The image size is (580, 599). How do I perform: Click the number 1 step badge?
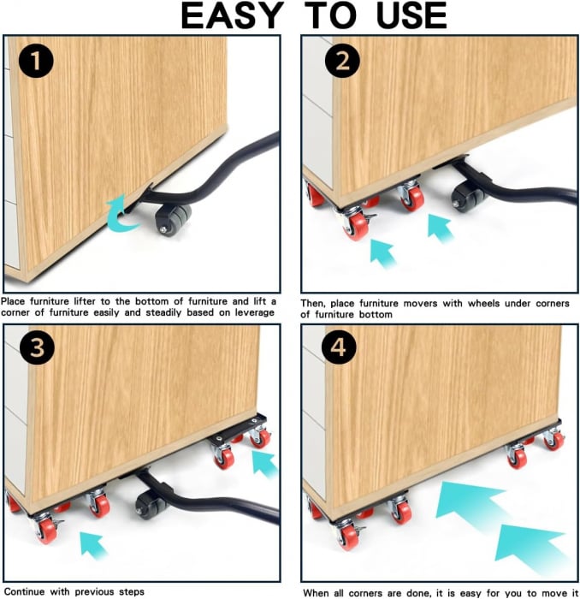click(36, 61)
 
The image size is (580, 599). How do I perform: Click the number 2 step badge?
click(342, 61)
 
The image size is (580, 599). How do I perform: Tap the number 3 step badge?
click(38, 347)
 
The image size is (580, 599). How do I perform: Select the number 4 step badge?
click(339, 347)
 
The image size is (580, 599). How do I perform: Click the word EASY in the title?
click(232, 15)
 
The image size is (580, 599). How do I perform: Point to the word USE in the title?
click(411, 15)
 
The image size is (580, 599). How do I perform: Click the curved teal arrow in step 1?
click(121, 215)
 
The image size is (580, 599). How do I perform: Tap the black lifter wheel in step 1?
click(173, 221)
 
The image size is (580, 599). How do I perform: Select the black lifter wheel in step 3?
click(151, 505)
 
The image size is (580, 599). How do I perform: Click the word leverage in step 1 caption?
click(254, 313)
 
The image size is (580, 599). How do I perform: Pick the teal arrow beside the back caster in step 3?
click(264, 463)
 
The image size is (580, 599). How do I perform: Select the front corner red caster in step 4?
click(348, 536)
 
